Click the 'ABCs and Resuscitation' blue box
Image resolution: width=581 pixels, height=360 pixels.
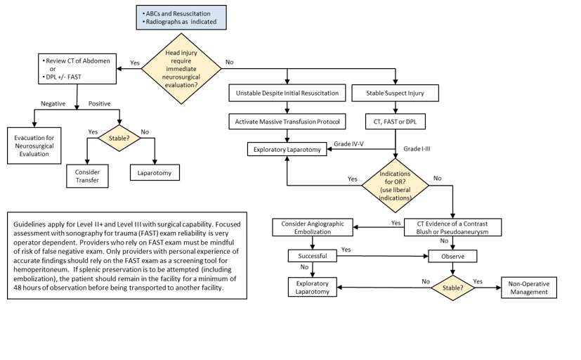pos(181,17)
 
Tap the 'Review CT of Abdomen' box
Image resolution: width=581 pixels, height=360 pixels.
pos(78,68)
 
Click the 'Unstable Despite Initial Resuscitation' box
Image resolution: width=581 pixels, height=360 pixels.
pos(287,93)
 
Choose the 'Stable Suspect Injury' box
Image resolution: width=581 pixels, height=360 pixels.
pos(395,93)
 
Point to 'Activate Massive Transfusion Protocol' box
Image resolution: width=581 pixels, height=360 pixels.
pos(287,122)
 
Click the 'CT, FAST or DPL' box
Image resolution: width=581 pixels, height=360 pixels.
pos(395,122)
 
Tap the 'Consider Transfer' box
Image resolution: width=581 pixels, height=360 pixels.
pos(88,176)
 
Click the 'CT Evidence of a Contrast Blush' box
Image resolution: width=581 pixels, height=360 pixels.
pos(453,226)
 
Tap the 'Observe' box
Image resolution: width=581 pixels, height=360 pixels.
pos(453,257)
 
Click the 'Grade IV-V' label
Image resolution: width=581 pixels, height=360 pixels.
pos(349,143)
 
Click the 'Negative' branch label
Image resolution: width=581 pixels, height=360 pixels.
pos(53,103)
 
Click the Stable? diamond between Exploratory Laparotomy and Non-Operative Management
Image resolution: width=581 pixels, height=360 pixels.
pos(453,287)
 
